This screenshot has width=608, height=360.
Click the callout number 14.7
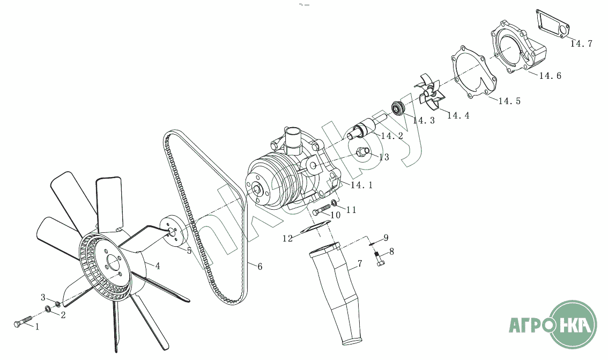(x=581, y=44)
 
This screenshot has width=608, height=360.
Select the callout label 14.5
(x=509, y=101)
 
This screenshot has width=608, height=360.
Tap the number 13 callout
(x=384, y=157)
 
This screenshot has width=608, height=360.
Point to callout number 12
(x=287, y=238)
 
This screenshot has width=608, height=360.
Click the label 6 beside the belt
(x=260, y=267)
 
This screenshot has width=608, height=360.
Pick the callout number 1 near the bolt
(x=37, y=327)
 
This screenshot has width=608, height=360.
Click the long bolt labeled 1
(x=23, y=321)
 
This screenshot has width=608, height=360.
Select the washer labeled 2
(x=48, y=309)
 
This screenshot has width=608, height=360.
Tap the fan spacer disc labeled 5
(x=174, y=231)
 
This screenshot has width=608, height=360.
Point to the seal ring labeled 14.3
(x=397, y=107)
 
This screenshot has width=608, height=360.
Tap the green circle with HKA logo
(x=574, y=324)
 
